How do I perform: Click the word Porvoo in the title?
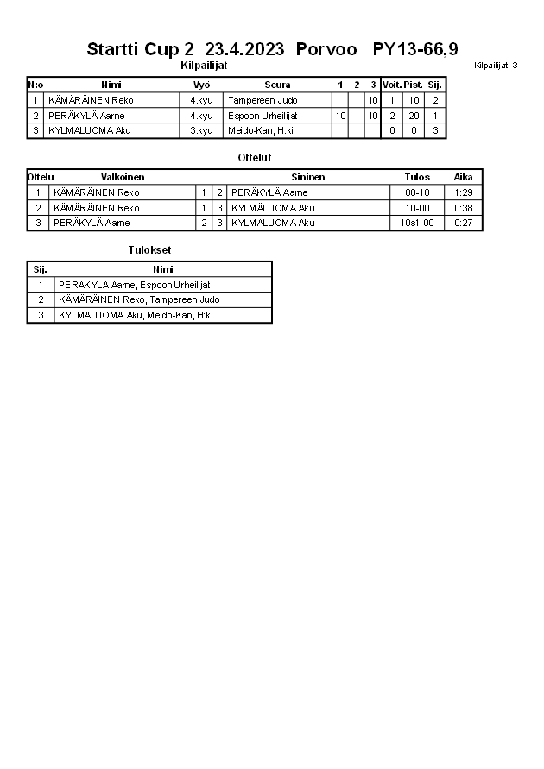pos(326,49)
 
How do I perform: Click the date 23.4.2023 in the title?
pos(245,49)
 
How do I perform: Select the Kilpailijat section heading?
pos(204,66)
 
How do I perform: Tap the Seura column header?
pos(277,85)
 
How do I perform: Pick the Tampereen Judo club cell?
pos(263,100)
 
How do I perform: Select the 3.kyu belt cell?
pos(201,130)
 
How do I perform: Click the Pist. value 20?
pos(414,116)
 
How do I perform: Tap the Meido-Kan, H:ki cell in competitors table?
pos(261,130)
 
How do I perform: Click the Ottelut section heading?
pos(254,158)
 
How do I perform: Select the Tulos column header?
pos(417,177)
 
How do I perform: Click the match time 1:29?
pos(464,192)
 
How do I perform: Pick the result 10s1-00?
pos(417,223)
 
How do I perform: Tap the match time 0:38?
pos(464,208)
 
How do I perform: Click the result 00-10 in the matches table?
pos(417,192)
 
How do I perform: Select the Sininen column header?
pos(307,177)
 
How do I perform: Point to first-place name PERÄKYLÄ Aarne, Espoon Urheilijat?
pos(135,285)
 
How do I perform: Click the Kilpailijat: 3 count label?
pos(496,66)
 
